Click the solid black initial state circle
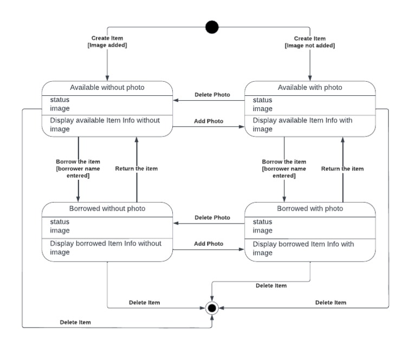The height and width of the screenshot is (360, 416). pos(212,27)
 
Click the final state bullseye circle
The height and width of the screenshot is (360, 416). pos(212,308)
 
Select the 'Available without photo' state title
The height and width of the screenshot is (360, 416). pos(107,88)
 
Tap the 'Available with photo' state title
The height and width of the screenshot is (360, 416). pos(310,88)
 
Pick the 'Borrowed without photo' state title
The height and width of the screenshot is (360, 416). pos(107,208)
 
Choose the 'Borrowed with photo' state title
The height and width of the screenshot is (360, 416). pos(310,208)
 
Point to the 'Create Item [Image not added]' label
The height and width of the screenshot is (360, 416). pos(310,42)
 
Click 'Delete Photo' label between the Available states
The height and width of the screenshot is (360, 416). pos(212,95)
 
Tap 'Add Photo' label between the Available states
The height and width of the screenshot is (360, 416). pos(209,121)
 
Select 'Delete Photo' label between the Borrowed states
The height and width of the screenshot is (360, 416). pos(212,218)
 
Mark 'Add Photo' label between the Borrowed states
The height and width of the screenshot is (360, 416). pos(209,244)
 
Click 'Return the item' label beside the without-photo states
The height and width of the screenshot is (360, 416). pos(136,169)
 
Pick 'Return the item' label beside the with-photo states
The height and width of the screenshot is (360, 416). pos(342,169)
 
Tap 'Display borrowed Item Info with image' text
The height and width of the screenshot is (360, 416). pos(303,248)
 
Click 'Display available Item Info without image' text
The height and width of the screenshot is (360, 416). pos(105,125)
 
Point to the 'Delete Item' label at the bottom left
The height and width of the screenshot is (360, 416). pos(75,323)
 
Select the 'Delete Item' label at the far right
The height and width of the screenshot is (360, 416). pos(330,303)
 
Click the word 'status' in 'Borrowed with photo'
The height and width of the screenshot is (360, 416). pos(263,222)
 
